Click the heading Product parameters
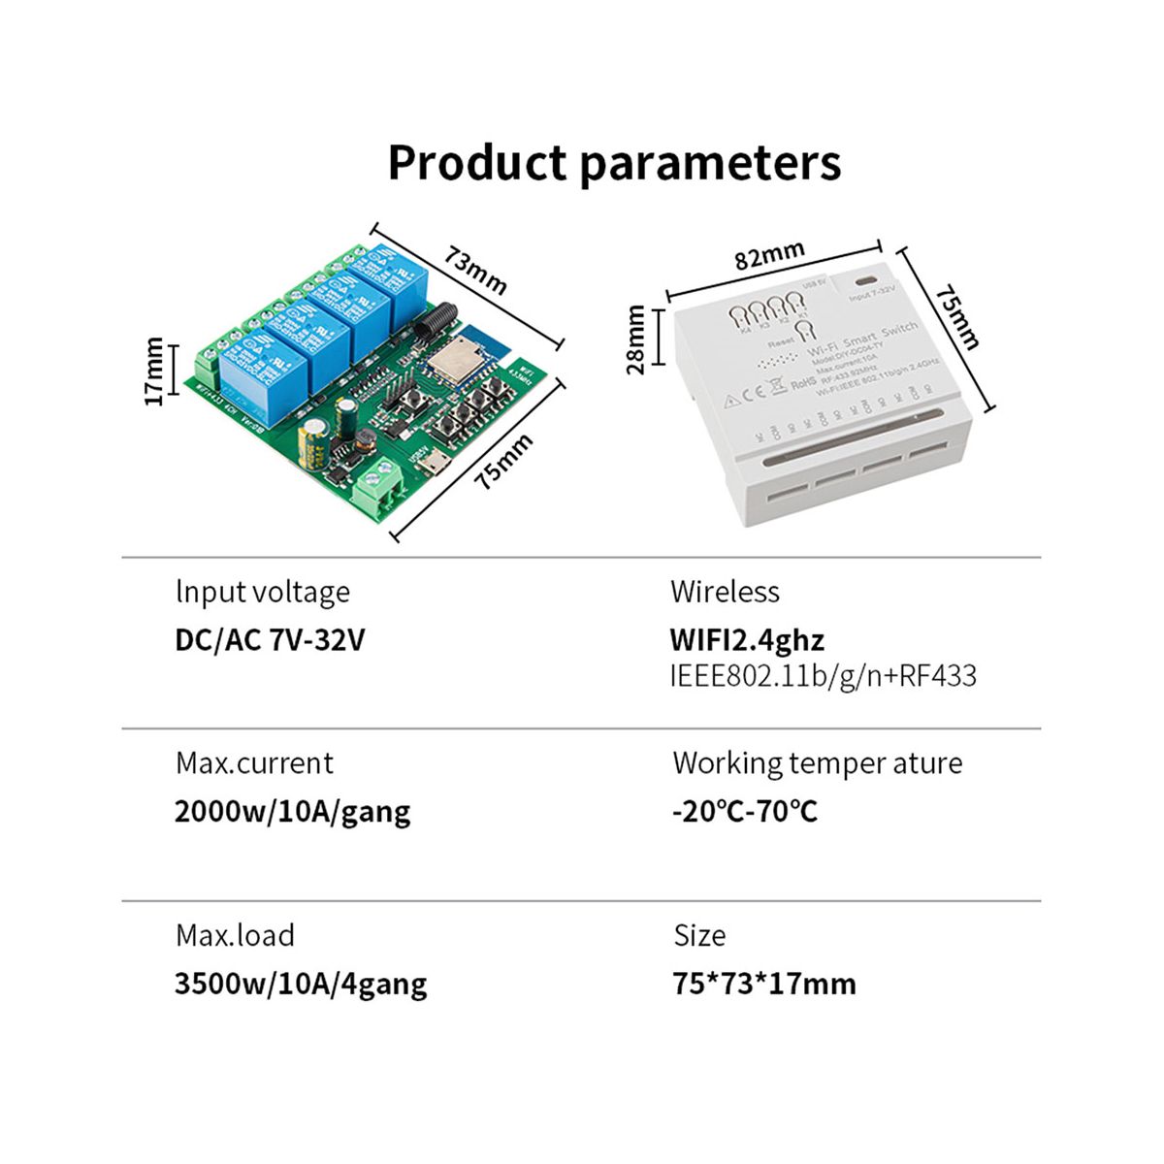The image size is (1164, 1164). [614, 163]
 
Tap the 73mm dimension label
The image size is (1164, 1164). [476, 270]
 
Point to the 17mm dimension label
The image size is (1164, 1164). [153, 371]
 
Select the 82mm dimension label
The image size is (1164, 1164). [769, 256]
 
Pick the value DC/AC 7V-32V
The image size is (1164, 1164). [270, 640]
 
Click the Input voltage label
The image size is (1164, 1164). [263, 592]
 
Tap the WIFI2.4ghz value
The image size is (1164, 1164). [747, 640]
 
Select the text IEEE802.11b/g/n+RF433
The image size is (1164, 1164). [823, 676]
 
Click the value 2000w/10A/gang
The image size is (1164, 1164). [292, 811]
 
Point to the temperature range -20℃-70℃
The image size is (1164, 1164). [745, 811]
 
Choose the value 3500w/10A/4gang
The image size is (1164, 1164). [301, 984]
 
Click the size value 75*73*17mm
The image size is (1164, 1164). [764, 984]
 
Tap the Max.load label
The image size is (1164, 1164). [235, 935]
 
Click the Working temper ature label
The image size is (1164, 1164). [817, 763]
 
